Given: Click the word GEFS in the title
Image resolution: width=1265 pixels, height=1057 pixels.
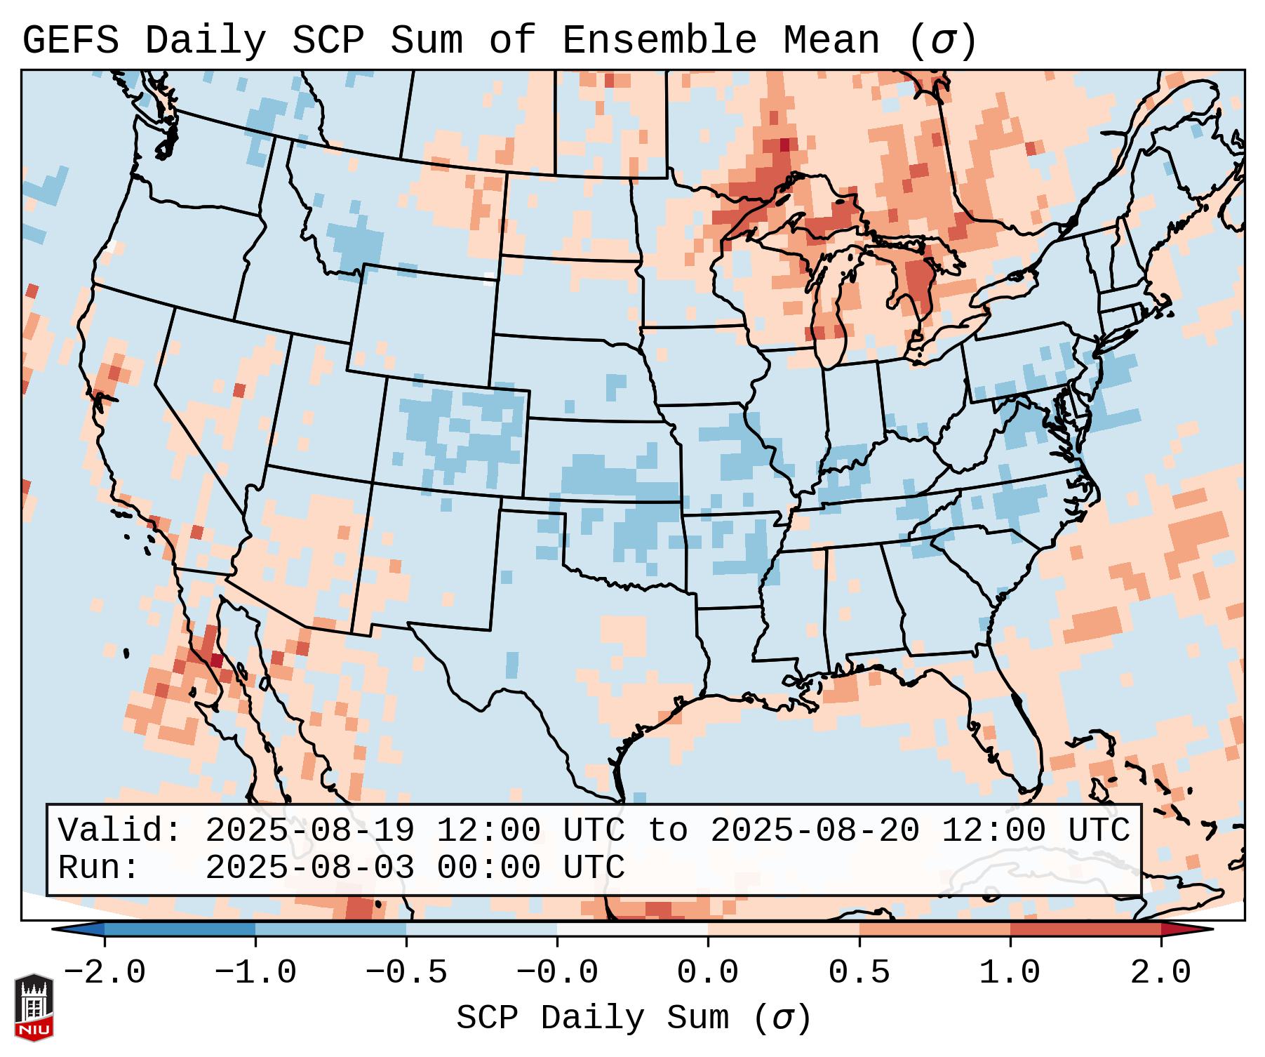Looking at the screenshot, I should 71,41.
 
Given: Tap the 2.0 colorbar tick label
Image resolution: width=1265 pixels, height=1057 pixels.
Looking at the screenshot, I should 1160,973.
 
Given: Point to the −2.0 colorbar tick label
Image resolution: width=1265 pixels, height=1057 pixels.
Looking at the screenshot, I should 105,973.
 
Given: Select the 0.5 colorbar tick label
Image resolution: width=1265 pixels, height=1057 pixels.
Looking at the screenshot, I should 859,973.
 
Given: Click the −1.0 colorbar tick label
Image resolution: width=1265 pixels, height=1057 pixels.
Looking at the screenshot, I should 255,973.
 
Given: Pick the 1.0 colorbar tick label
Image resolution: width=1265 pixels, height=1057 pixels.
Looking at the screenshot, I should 1010,973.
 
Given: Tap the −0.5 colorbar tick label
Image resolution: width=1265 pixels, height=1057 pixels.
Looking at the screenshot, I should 406,973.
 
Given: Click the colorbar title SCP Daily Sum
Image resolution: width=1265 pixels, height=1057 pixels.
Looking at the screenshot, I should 592,1018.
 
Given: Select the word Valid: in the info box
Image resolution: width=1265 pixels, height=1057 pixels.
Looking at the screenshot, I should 120,830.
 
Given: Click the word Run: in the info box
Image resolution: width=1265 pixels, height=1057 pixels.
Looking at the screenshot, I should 99,867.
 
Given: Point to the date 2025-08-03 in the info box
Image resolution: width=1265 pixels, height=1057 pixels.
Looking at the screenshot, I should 309,867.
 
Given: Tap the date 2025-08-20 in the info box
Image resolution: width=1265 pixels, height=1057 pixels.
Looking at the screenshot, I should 815,830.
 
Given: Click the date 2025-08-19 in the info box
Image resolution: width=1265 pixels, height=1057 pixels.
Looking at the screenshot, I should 309,830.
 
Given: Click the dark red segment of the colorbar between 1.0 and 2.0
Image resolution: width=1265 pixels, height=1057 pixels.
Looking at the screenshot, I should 1085,929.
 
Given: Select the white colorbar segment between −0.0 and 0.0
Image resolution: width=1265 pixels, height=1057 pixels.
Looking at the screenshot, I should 632,929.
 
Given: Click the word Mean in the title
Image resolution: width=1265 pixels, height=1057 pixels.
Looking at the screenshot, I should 831,41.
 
